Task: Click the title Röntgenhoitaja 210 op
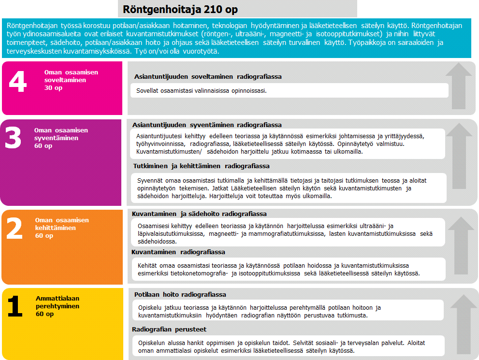[x=180, y=9]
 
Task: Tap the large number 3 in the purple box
[x=13, y=138]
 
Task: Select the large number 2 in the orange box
[x=15, y=228]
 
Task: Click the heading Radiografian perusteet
[x=169, y=330]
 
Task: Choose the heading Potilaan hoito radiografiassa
[x=180, y=294]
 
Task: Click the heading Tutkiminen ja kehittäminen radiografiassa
[x=201, y=166]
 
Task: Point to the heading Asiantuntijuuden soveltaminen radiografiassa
[x=208, y=76]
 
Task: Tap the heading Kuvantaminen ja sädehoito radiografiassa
[x=199, y=214]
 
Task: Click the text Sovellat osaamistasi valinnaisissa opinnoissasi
[x=202, y=90]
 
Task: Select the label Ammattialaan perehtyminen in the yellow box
[x=58, y=302]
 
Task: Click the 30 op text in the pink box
[x=53, y=88]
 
